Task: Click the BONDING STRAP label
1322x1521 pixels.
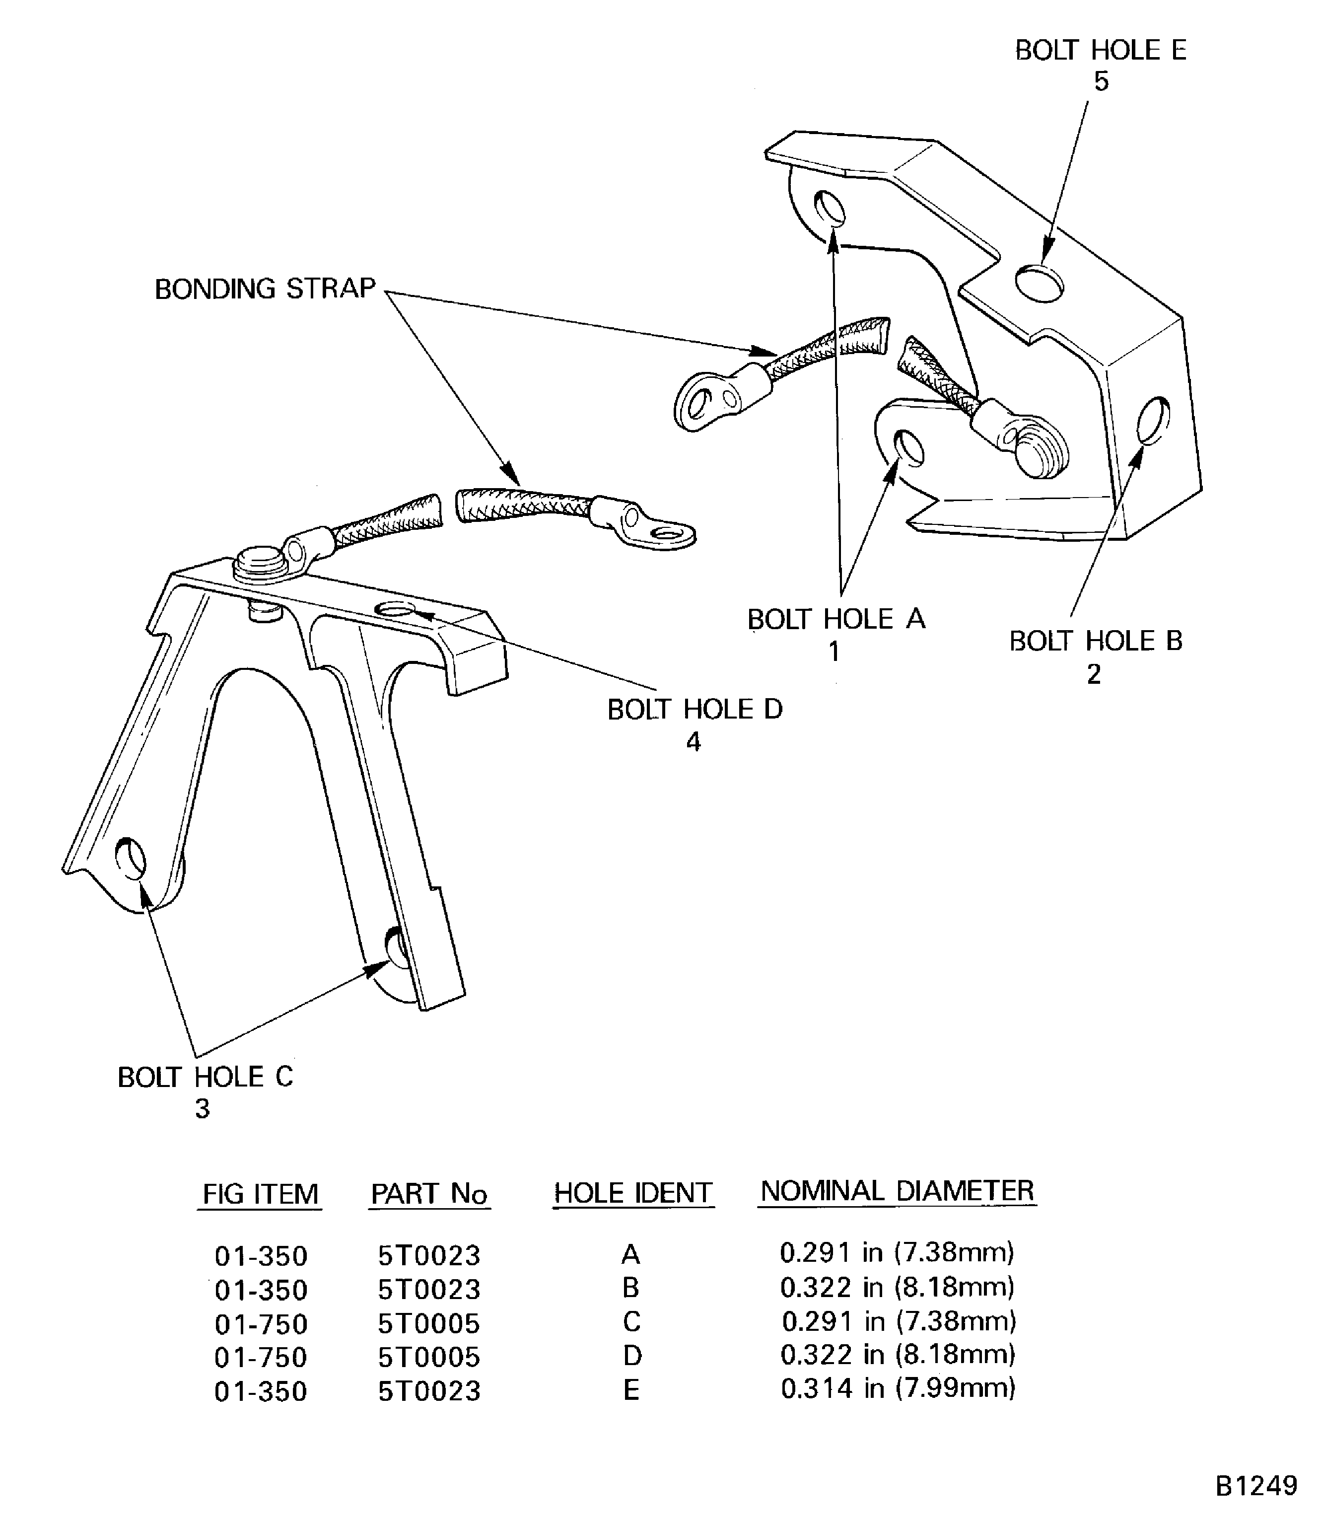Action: [265, 289]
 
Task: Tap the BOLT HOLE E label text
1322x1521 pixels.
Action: [1100, 50]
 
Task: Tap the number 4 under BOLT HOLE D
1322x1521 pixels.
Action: [693, 742]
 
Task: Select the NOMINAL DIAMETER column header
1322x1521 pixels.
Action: [897, 1190]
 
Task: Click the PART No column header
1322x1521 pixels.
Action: [429, 1193]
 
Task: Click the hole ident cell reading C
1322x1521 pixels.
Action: [631, 1321]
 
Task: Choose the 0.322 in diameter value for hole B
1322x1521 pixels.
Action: [897, 1287]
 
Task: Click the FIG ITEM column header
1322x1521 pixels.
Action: [261, 1193]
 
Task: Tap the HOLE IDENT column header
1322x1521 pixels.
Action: [633, 1193]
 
